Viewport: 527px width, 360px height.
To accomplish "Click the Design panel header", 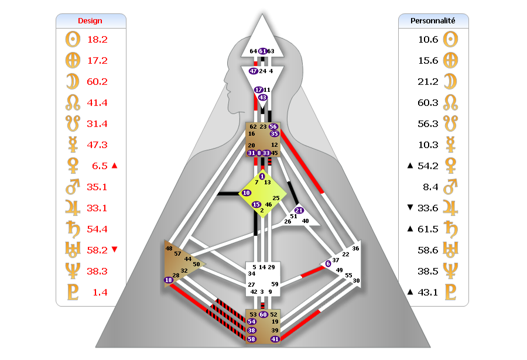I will tap(90, 20).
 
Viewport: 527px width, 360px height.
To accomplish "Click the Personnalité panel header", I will tap(433, 20).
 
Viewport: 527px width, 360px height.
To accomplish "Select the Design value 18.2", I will tap(97, 40).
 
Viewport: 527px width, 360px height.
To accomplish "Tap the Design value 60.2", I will tap(97, 81).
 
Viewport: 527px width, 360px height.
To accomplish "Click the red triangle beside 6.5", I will tap(114, 166).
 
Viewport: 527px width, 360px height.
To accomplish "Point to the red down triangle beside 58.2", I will tap(114, 250).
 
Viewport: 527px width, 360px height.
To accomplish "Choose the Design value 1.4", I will tap(100, 292).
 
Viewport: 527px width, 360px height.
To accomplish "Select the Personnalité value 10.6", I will tap(420, 40).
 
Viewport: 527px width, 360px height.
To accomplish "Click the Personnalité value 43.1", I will tap(420, 292).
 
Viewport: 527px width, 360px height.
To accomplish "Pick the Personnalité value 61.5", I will tap(420, 229).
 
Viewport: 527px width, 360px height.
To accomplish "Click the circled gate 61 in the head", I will tap(262, 52).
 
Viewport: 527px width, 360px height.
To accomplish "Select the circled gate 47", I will tap(254, 71).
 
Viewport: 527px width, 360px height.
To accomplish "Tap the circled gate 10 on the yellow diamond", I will tap(247, 192).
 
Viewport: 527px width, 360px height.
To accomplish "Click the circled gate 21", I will tap(299, 210).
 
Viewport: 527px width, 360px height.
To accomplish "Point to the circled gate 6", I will tap(328, 263).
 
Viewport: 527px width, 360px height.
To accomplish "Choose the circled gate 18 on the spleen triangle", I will tap(169, 280).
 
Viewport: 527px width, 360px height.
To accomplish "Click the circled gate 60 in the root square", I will tap(263, 315).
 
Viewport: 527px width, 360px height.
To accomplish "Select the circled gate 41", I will tap(275, 339).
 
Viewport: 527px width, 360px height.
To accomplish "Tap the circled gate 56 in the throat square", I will tap(273, 126).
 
